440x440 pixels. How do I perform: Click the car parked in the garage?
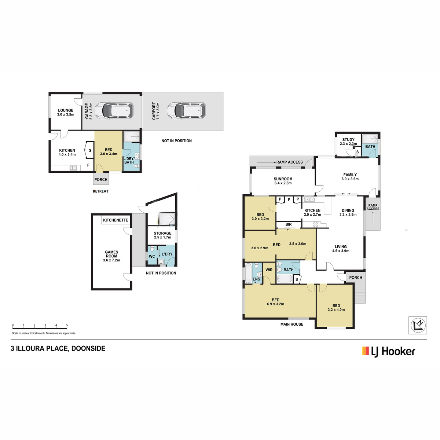(114, 110)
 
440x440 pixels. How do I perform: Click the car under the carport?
(186, 110)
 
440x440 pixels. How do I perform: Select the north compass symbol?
(417, 325)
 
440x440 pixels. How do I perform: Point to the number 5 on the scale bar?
(67, 325)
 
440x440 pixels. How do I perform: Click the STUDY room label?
(348, 139)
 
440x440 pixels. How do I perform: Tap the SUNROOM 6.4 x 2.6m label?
(283, 181)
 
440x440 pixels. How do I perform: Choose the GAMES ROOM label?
(111, 254)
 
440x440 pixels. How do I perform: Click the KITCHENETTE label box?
(116, 220)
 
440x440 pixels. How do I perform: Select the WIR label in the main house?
(269, 269)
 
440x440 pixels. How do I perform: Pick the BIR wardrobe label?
(289, 224)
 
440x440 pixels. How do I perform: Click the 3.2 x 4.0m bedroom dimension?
(336, 310)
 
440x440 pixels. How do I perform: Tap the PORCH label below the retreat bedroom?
(101, 179)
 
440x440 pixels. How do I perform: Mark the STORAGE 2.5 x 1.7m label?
(162, 235)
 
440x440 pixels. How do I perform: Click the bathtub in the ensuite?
(248, 273)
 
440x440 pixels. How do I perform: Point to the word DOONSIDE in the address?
(88, 348)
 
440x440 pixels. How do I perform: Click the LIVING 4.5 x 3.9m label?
(341, 249)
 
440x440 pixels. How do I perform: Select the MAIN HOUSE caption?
(292, 324)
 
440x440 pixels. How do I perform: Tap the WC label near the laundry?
(152, 256)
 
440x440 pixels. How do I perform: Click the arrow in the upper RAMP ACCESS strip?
(267, 162)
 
